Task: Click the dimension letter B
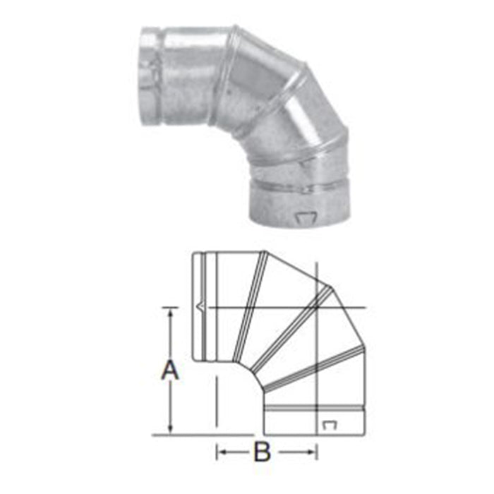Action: tap(263, 452)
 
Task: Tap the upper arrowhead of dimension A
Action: tap(169, 311)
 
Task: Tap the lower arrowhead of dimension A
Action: tap(169, 430)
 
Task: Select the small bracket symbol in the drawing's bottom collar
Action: tap(329, 424)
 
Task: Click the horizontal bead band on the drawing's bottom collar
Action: tap(315, 409)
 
